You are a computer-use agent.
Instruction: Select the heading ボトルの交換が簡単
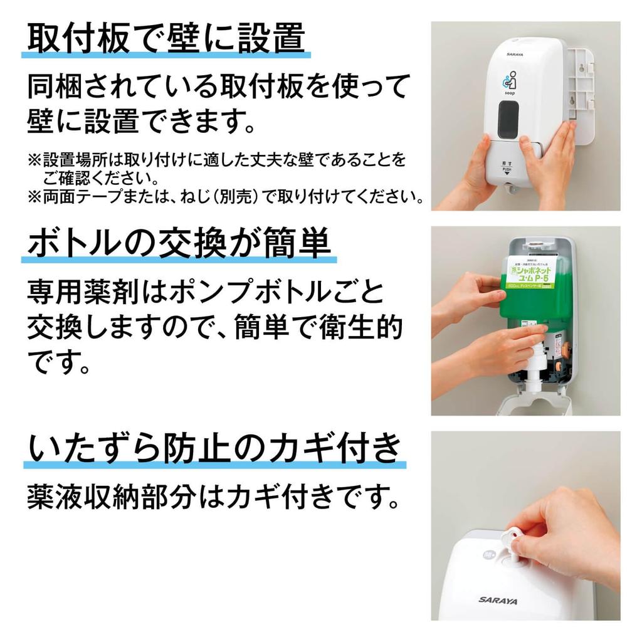[x=179, y=242]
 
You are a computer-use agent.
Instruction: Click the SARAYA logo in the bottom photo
[x=498, y=600]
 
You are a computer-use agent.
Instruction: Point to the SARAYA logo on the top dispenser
[x=515, y=55]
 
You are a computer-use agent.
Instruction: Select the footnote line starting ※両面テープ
[x=226, y=197]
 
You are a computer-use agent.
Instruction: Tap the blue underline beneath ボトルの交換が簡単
[x=179, y=259]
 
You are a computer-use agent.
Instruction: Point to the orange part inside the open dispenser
[x=564, y=351]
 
